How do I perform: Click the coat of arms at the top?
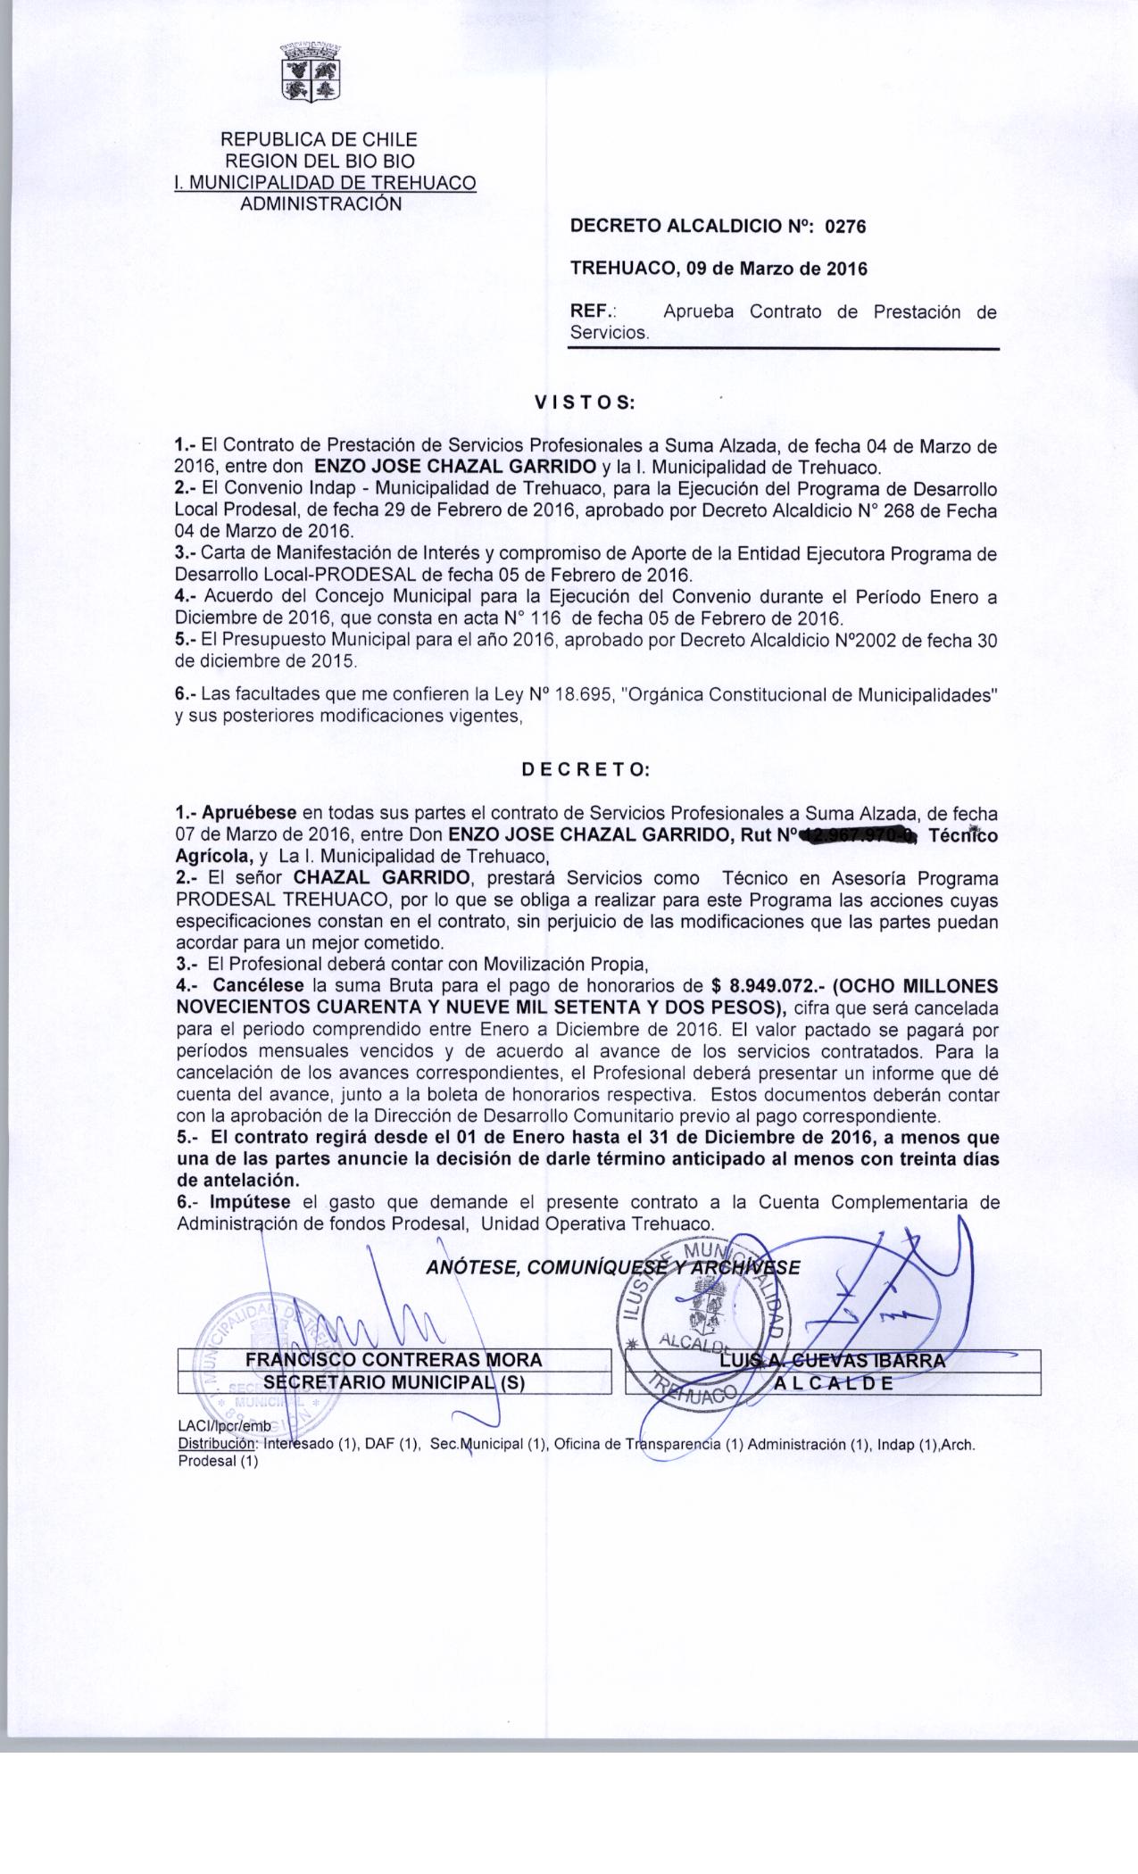(311, 72)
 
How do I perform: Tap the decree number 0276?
(845, 227)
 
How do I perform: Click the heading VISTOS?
(584, 402)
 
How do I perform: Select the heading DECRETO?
(586, 768)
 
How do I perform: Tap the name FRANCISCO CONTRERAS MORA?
(394, 1360)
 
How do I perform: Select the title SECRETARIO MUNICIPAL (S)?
(394, 1382)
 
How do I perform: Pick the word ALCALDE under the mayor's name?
(834, 1383)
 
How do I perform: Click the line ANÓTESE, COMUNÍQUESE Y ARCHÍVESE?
(613, 1267)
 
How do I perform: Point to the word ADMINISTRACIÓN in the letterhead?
(321, 203)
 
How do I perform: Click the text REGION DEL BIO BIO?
(319, 161)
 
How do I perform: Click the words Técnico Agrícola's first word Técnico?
(964, 836)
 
